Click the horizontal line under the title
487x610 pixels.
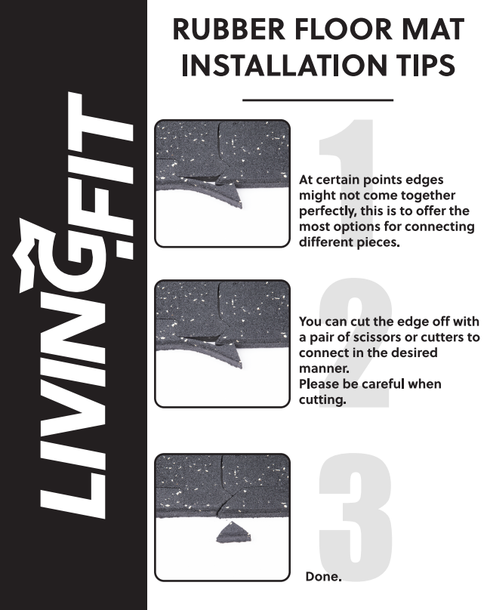[318, 100]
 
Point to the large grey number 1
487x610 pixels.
[347, 181]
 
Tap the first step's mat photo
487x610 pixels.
[222, 183]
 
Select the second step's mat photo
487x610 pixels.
[222, 344]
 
